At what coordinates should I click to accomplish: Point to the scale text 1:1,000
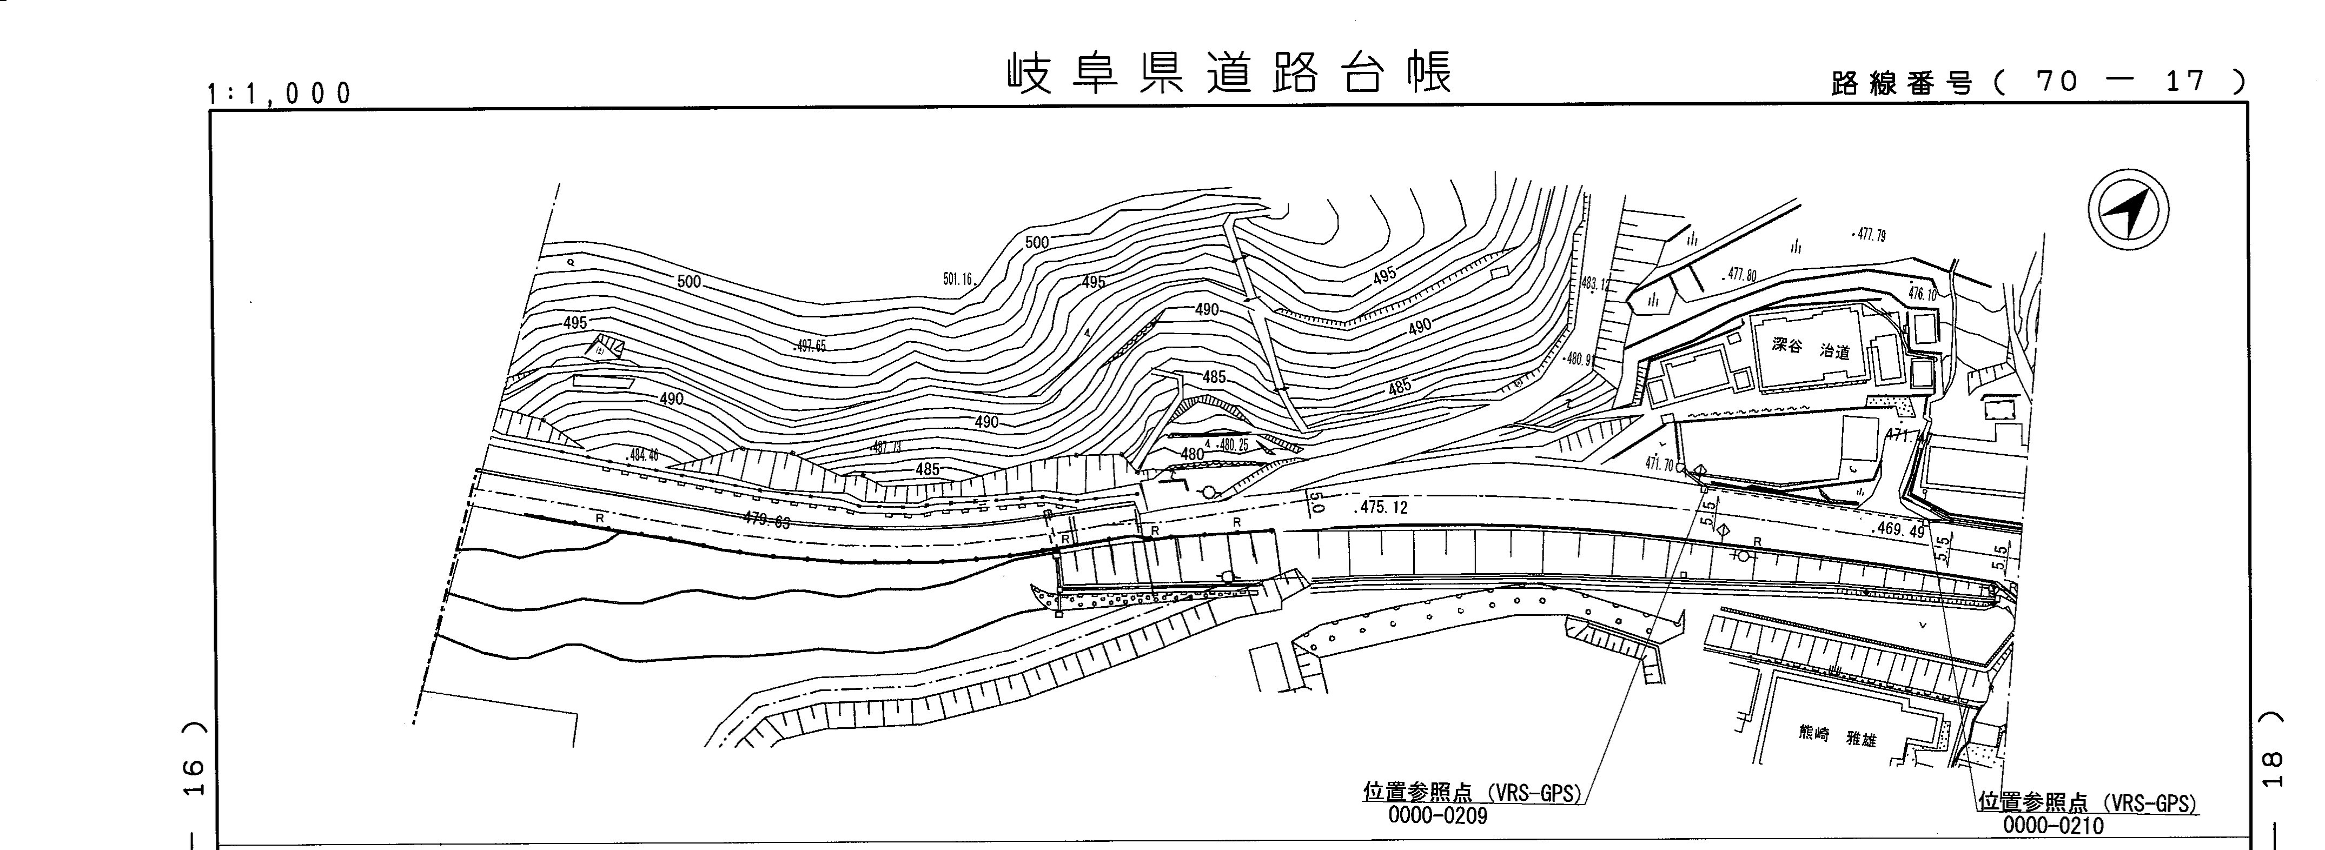[280, 93]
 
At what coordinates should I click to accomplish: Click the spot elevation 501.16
[958, 280]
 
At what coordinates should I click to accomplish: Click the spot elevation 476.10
[1923, 294]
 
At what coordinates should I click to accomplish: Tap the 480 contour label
[1193, 454]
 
